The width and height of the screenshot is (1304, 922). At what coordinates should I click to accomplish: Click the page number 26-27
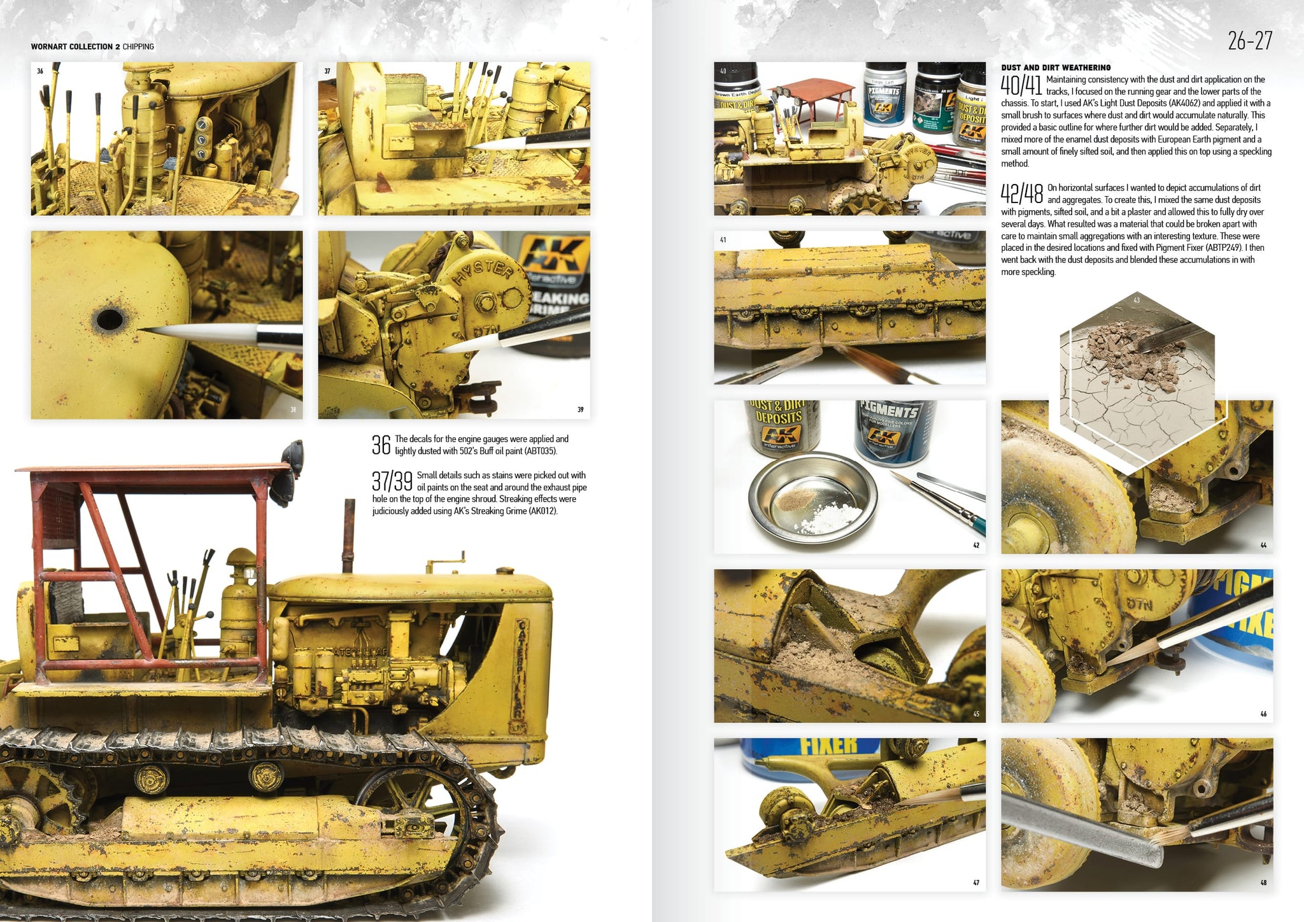[1250, 41]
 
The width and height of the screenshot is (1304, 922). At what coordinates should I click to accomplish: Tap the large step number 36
[381, 444]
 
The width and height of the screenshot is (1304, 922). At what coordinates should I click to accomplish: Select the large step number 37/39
[392, 481]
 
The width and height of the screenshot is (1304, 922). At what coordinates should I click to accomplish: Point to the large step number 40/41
[1021, 85]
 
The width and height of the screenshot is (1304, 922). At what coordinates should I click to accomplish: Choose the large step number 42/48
[1022, 194]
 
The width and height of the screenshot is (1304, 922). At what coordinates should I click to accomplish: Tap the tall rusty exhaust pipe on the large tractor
[348, 535]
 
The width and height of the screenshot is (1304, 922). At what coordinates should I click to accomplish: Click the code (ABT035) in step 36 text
[539, 451]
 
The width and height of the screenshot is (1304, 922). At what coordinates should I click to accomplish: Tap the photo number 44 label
[1263, 545]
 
